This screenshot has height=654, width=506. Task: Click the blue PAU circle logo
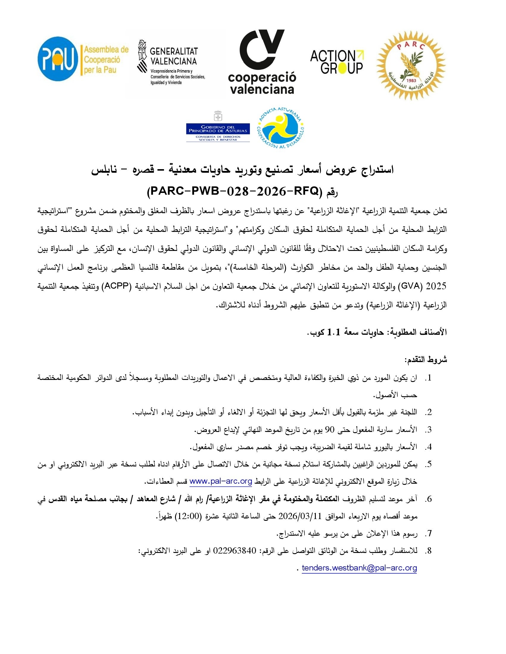point(58,59)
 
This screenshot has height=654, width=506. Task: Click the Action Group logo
point(337,62)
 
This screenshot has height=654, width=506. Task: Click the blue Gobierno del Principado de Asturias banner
point(218,129)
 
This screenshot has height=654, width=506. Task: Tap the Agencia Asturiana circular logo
point(281,128)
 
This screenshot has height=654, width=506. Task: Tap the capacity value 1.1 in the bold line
point(334,332)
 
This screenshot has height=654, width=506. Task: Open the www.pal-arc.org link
point(221,481)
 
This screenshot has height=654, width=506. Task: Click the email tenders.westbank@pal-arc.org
point(359,568)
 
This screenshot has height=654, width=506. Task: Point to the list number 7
point(429,533)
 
